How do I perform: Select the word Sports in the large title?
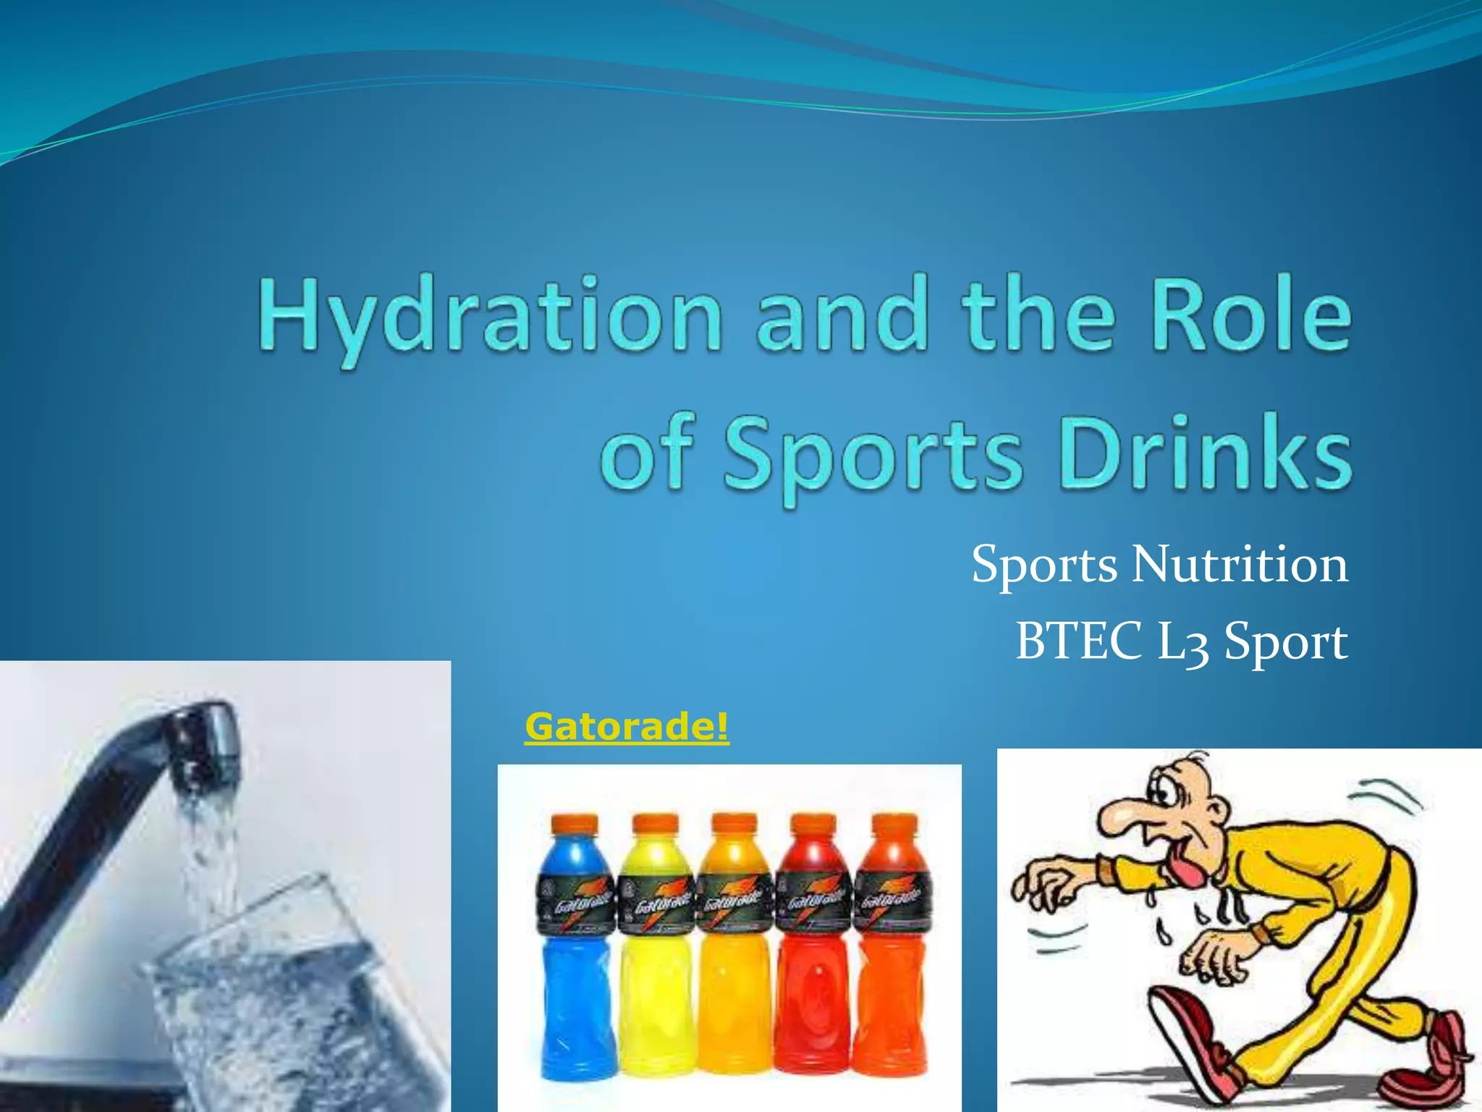pyautogui.click(x=873, y=456)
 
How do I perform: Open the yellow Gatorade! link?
pyautogui.click(x=627, y=726)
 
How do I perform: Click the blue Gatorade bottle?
pyautogui.click(x=577, y=963)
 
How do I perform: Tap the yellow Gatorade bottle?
pyautogui.click(x=656, y=963)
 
